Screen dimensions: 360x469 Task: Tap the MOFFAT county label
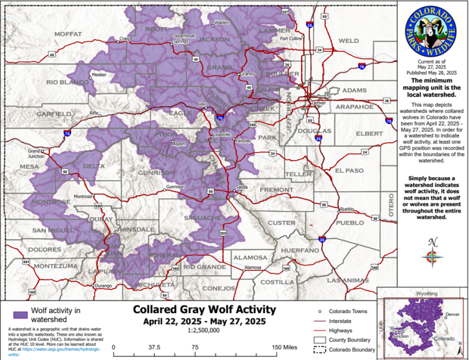tap(68, 34)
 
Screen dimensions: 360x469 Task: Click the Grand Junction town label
tap(35, 153)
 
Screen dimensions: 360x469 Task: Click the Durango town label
tap(105, 286)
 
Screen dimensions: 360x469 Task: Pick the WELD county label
tap(349, 41)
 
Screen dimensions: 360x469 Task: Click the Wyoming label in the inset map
tap(423, 293)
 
